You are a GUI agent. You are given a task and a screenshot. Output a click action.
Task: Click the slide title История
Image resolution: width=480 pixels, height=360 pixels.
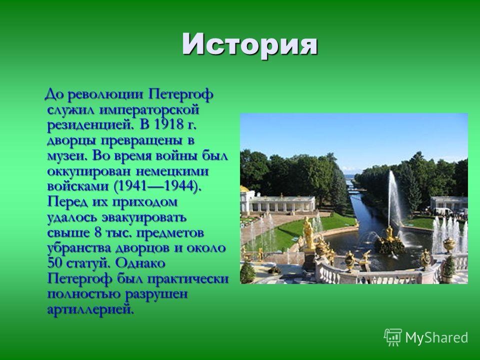tap(250, 45)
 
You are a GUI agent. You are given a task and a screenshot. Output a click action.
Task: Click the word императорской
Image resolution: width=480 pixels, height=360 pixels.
tap(149, 110)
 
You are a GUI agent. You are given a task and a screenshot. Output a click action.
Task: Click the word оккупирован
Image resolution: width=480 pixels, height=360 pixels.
tap(88, 171)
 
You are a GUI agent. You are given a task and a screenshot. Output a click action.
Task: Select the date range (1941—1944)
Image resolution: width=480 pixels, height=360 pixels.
tap(157, 186)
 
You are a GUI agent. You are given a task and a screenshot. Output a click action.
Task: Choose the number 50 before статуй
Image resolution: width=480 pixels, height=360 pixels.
tap(54, 263)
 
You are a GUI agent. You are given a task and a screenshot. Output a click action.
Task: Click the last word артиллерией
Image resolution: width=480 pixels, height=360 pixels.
tap(90, 309)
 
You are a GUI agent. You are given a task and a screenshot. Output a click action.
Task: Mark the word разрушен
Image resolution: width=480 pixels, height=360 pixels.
tap(156, 294)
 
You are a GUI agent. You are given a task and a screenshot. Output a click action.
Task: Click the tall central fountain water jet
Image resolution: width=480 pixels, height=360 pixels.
tap(393, 199)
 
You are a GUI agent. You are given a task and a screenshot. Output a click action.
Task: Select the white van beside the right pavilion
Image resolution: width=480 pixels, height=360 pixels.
tap(443, 211)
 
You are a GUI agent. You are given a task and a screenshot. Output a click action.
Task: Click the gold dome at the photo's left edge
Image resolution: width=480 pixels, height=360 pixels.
tap(243, 188)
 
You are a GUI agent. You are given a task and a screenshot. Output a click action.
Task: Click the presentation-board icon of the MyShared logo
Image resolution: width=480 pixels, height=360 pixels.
tap(393, 337)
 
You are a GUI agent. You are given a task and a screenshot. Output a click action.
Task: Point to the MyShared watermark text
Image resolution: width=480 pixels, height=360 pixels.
tap(436, 337)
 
